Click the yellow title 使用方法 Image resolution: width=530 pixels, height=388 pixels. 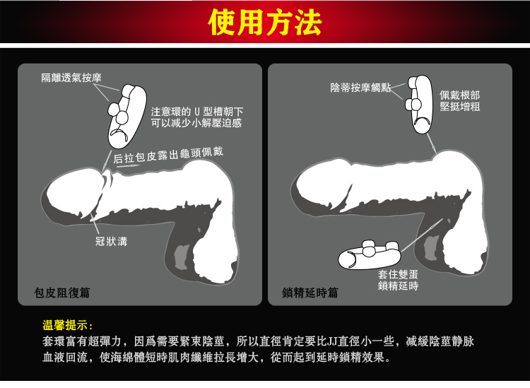tap(265, 23)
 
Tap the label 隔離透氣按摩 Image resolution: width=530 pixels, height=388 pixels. tap(71, 78)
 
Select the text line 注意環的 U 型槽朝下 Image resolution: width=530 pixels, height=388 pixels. tap(196, 112)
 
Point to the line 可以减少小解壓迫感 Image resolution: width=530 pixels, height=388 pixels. tap(196, 123)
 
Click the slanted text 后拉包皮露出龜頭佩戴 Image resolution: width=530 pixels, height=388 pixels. tap(168, 155)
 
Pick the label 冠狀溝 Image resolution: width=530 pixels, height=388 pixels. tap(111, 241)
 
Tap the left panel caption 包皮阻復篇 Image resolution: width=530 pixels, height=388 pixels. tap(62, 293)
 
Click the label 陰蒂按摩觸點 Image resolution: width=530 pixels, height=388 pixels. tap(360, 88)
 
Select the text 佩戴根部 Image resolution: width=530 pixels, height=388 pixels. tap(459, 95)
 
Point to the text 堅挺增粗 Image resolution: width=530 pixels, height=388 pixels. tap(460, 107)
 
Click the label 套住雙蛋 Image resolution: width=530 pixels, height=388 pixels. tap(398, 274)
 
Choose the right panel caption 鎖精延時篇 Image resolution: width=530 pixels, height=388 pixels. tap(310, 293)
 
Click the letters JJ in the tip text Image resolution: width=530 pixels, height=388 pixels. tap(333, 341)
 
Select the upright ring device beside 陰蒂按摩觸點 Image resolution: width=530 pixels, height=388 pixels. tap(420, 104)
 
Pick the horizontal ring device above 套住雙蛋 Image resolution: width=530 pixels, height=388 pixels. tap(370, 255)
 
